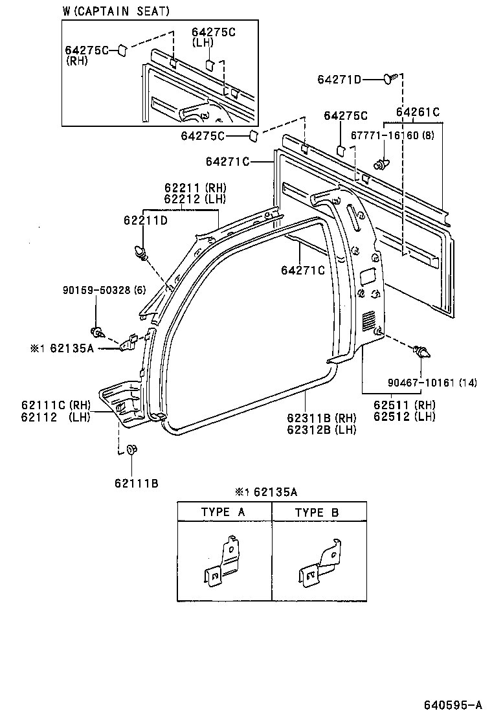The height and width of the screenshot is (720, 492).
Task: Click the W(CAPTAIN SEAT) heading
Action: [x=117, y=11]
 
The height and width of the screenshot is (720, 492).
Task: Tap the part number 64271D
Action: [x=339, y=80]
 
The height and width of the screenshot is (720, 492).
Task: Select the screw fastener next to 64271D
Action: [x=388, y=79]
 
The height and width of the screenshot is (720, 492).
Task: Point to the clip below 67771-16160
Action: [x=381, y=163]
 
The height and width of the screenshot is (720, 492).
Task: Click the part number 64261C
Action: [x=418, y=112]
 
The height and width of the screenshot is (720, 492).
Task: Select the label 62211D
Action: [x=146, y=221]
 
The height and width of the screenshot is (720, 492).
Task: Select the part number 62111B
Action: [x=137, y=482]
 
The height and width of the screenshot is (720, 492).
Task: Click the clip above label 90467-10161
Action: [x=421, y=353]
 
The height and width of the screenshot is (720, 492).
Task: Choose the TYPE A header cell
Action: [x=224, y=512]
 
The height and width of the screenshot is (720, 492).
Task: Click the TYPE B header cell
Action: [x=317, y=512]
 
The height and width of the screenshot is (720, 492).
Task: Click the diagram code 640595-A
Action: [x=453, y=704]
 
